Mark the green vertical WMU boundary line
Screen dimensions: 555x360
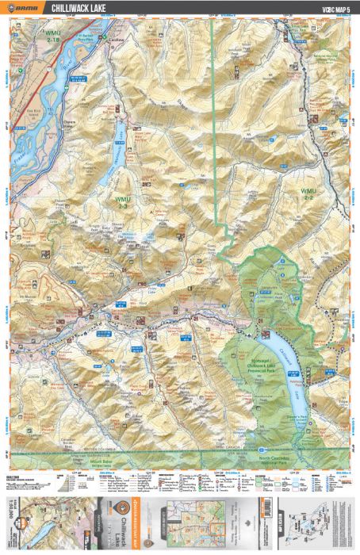tap(213, 119)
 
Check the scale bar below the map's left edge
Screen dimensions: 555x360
tap(28, 479)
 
